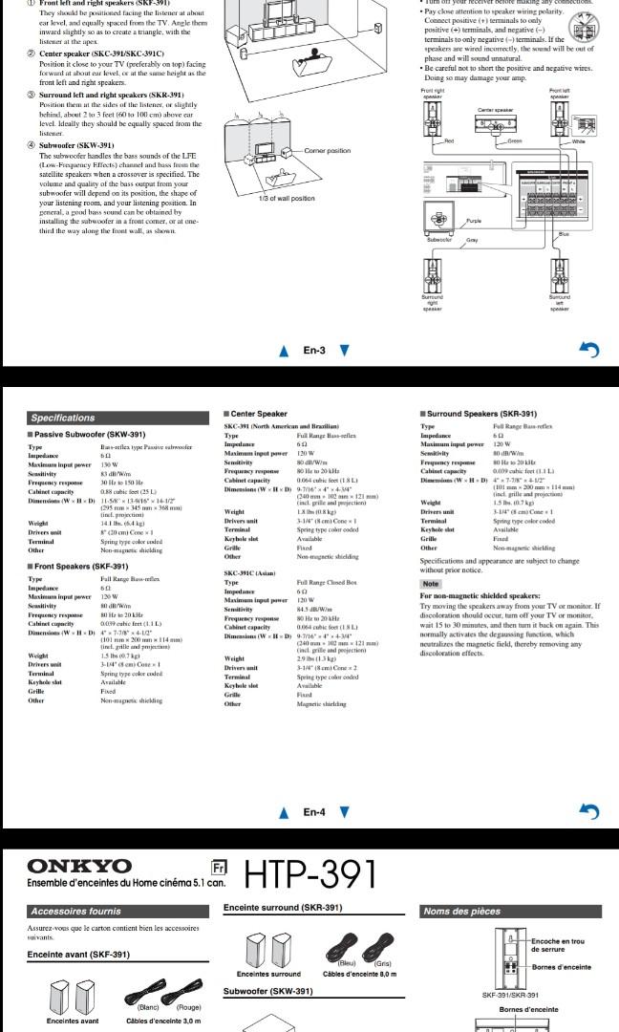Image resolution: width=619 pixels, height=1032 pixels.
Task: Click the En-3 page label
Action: click(x=314, y=351)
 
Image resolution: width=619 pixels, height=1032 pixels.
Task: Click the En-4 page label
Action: click(x=314, y=813)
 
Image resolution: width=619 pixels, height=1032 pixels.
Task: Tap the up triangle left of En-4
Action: click(x=283, y=814)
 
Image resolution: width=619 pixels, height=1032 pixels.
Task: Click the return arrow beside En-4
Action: click(x=589, y=813)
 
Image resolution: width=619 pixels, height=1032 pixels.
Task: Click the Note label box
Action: click(x=431, y=583)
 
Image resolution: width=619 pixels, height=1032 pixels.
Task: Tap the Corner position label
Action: click(x=327, y=151)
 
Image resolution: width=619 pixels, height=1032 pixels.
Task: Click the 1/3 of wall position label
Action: click(x=287, y=198)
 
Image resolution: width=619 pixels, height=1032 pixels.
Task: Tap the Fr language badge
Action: click(x=217, y=868)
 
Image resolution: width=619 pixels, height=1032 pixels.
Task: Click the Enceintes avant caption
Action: click(x=73, y=1021)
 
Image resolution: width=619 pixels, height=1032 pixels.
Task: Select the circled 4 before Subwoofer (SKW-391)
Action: click(x=31, y=145)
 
